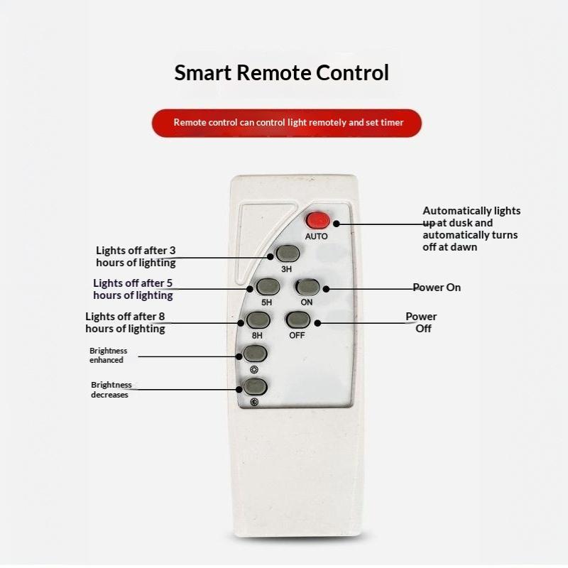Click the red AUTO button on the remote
coord(317,221)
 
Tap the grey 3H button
coord(288,253)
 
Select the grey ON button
coord(308,288)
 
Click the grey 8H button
coord(258,320)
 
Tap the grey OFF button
coord(298,320)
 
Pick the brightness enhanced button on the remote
coord(256,354)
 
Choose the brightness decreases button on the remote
coord(256,387)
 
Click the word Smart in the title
coord(203,72)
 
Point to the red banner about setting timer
coord(287,123)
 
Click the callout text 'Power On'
coord(437,288)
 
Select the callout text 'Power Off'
coord(422,322)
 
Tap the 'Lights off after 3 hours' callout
coord(136,256)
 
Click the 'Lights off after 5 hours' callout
coord(133,289)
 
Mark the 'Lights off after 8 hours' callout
coord(126,322)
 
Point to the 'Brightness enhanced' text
coord(109,356)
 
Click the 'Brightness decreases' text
coord(111,390)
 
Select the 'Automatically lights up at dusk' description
coord(471,229)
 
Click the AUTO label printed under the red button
coord(316,236)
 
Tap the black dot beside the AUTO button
coord(336,224)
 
